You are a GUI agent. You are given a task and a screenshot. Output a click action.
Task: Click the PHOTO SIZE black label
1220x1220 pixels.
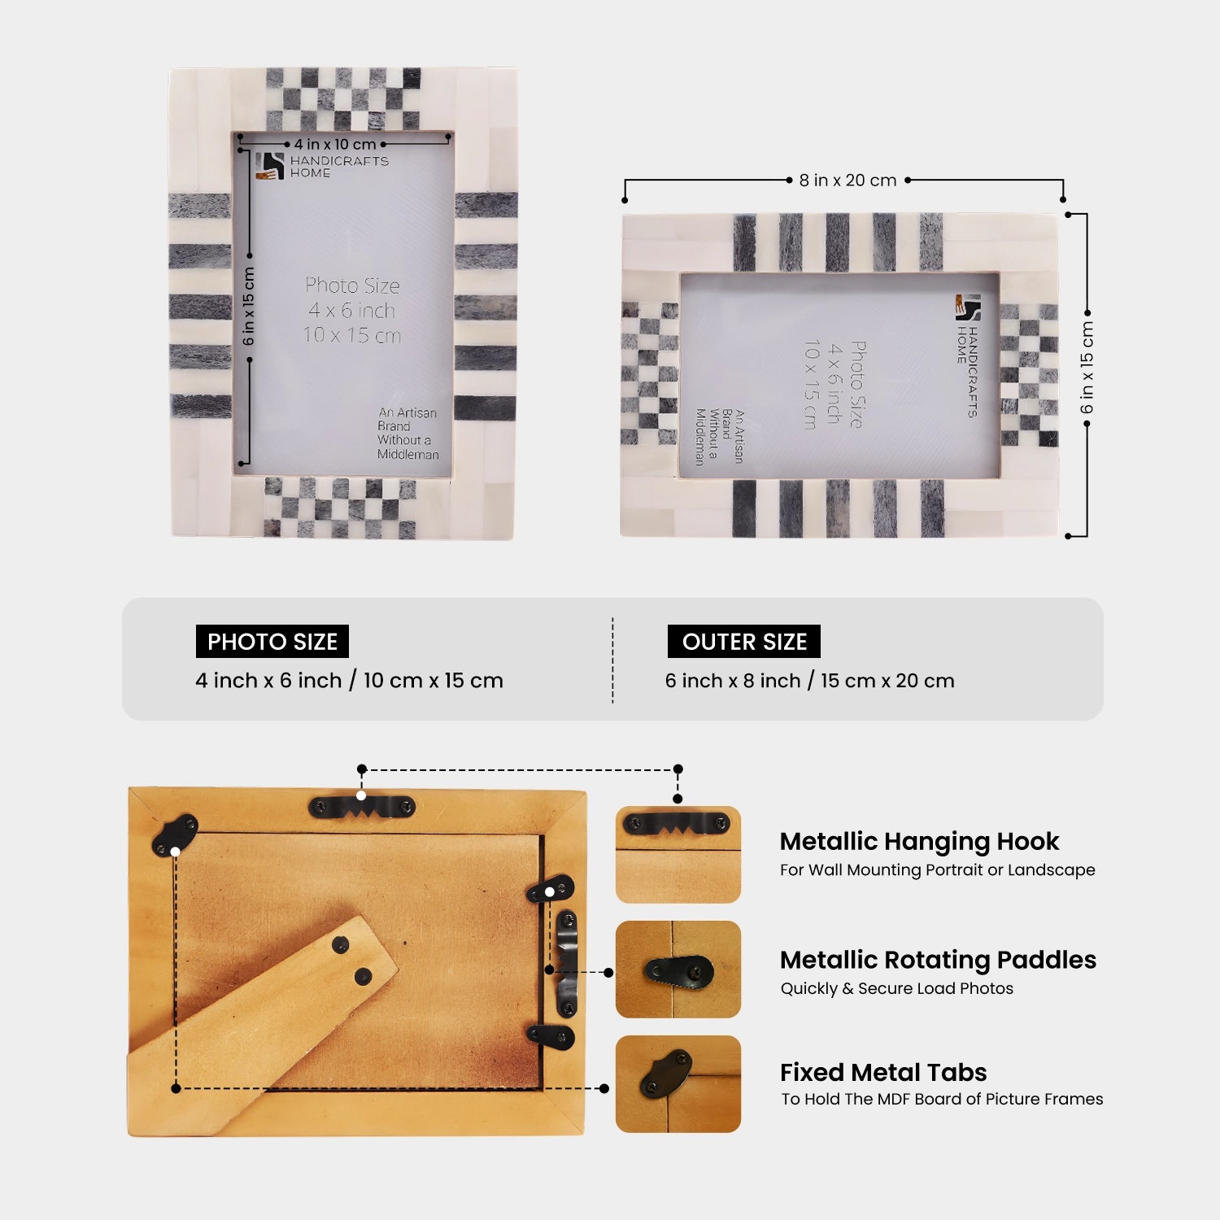[x=272, y=642]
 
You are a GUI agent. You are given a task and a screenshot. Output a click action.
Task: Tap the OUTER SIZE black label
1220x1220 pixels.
[x=743, y=642]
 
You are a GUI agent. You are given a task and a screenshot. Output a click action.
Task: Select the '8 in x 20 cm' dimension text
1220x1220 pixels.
[x=847, y=181]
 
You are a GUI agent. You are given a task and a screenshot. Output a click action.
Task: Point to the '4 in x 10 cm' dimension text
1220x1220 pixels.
[x=335, y=145]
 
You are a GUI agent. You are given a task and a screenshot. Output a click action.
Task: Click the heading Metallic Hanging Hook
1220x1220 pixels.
[x=919, y=841]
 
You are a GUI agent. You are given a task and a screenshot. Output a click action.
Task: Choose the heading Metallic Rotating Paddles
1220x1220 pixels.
[x=938, y=960]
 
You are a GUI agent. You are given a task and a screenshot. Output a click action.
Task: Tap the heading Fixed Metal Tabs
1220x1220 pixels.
[x=883, y=1072]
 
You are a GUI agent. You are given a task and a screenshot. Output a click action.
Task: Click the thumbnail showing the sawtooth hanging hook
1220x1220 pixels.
[x=678, y=854]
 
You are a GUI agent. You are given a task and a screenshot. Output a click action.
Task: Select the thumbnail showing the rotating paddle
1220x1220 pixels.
[x=678, y=969]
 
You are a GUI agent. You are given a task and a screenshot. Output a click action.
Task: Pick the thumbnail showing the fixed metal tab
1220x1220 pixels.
[x=678, y=1083]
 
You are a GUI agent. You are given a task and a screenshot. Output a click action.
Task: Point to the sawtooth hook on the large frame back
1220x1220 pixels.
[x=362, y=807]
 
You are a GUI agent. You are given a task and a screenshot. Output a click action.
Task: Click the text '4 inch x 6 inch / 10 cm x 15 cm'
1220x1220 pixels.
[x=349, y=681]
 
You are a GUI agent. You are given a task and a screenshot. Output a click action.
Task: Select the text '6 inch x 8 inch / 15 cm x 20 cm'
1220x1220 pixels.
[x=809, y=681]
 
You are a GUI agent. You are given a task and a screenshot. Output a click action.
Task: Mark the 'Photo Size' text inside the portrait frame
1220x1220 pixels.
[x=352, y=286]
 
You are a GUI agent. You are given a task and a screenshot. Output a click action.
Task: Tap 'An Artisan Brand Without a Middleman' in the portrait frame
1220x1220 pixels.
[x=407, y=434]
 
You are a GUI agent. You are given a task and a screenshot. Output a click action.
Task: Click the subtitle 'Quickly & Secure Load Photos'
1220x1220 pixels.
[x=896, y=988]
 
